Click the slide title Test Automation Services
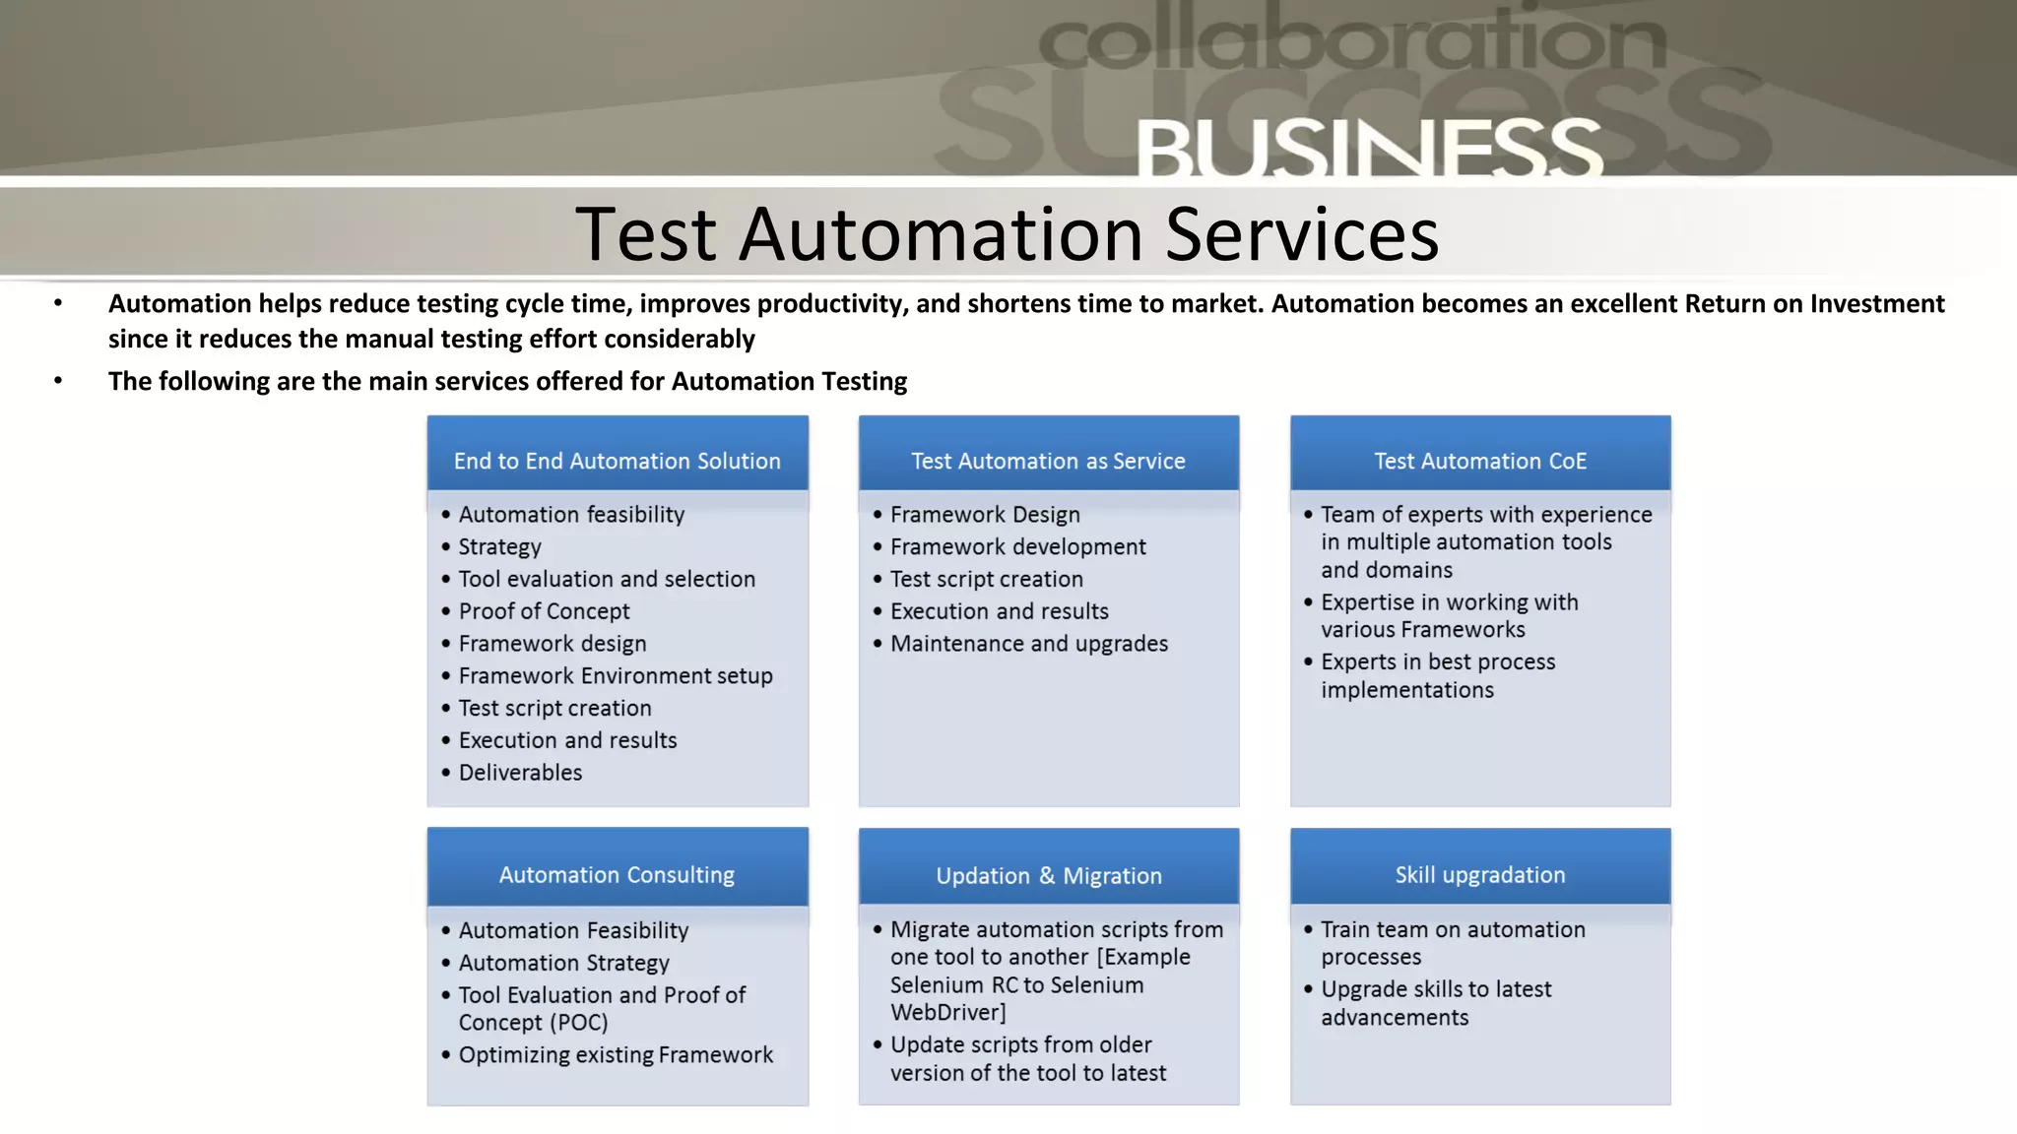[1007, 234]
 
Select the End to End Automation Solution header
[617, 461]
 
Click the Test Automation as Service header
[1048, 461]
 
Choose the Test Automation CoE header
[1480, 461]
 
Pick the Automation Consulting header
[617, 875]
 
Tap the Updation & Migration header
[1048, 876]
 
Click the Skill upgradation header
[1480, 875]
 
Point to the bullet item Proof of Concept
[544, 611]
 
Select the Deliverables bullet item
[520, 773]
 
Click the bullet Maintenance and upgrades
[1029, 644]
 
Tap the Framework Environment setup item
[616, 676]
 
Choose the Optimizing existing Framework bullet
[616, 1055]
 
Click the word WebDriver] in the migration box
[947, 1013]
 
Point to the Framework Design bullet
[985, 515]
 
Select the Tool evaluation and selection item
[607, 579]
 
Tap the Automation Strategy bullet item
[563, 963]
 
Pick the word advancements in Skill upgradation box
[1395, 1018]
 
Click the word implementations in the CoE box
[1407, 690]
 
